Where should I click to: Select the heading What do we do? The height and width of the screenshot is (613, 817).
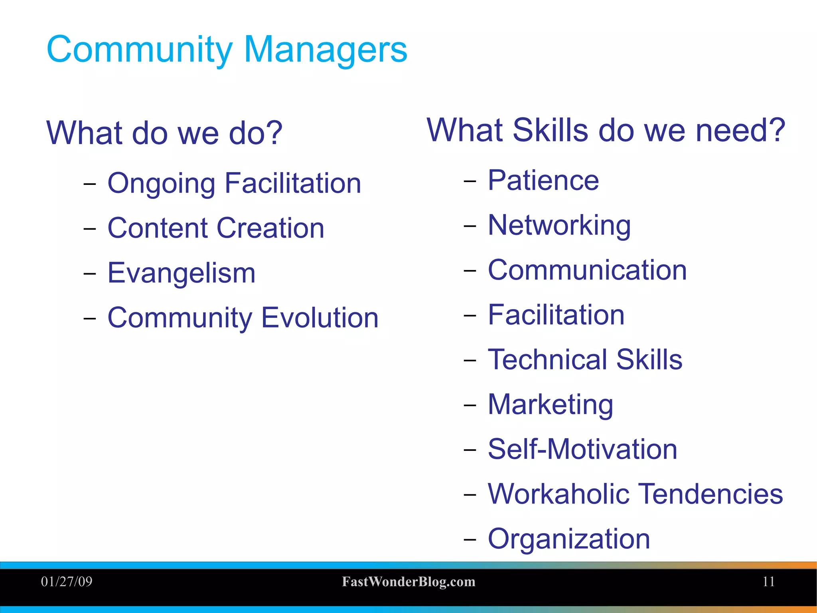click(x=164, y=133)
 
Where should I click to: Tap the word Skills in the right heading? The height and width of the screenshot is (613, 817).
click(x=550, y=130)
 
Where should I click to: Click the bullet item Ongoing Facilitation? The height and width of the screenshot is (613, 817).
click(x=234, y=183)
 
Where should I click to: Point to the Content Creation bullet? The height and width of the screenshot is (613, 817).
click(x=216, y=228)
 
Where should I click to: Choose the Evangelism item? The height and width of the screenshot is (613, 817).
click(x=182, y=273)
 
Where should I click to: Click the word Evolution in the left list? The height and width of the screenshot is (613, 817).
click(x=320, y=318)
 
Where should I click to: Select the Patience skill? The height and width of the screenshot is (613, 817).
click(x=543, y=181)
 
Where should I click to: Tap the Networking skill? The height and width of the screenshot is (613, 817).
click(x=559, y=225)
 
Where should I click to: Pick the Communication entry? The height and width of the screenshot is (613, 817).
click(x=587, y=270)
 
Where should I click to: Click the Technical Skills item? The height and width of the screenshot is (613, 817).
click(x=585, y=359)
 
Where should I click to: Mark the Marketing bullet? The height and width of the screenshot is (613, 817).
click(x=550, y=405)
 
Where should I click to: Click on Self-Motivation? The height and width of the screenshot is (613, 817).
click(x=582, y=449)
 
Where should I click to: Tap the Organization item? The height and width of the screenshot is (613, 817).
click(x=568, y=539)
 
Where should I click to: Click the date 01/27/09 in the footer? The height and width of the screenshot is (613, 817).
click(x=67, y=581)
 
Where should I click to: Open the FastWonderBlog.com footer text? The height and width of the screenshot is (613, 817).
click(x=408, y=582)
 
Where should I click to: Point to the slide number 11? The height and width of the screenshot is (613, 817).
click(x=768, y=581)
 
